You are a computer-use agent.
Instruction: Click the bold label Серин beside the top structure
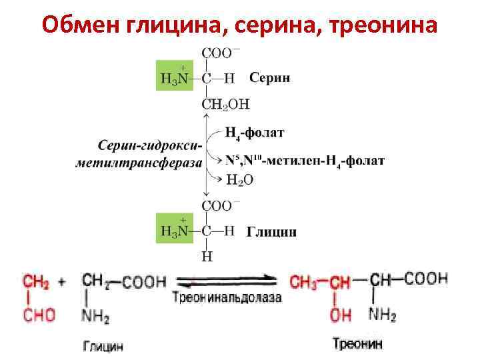269,77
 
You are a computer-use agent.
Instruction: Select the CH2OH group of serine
225,103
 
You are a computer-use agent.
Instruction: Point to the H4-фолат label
255,133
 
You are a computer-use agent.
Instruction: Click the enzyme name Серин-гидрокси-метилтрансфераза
147,154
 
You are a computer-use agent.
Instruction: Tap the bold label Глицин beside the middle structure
272,232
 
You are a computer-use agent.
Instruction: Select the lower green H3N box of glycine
175,228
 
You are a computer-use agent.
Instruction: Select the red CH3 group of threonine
304,281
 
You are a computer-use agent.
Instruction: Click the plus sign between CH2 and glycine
62,282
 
